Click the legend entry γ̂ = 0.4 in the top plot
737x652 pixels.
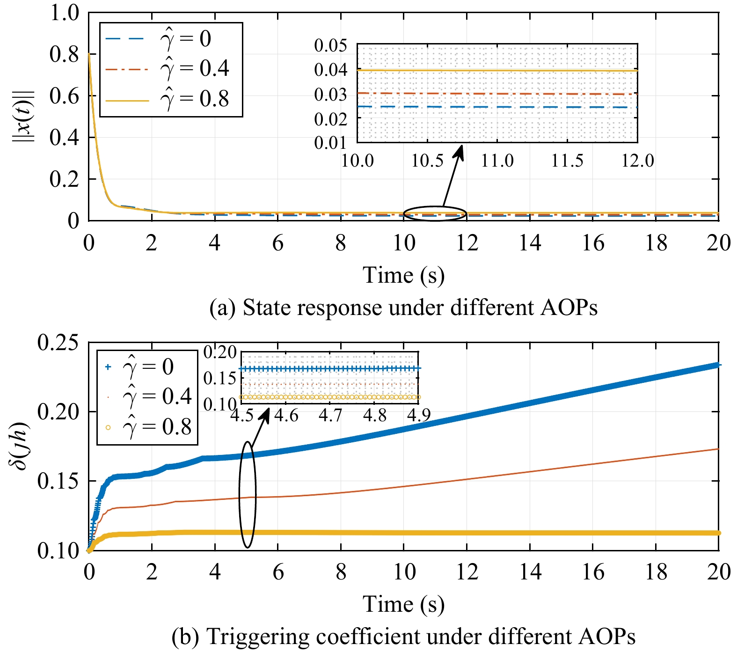click(194, 69)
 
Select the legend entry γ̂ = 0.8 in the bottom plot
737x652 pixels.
click(157, 427)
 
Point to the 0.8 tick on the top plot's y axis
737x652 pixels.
click(65, 54)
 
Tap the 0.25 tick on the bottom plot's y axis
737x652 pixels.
click(58, 343)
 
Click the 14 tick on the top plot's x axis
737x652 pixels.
click(530, 243)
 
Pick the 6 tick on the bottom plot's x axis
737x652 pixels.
click(278, 572)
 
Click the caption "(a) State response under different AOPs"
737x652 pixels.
click(403, 308)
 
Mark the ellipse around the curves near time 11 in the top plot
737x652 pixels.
click(435, 213)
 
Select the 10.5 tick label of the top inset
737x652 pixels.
click(427, 161)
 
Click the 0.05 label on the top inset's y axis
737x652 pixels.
click(330, 45)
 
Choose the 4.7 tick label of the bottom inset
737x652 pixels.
click(330, 415)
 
